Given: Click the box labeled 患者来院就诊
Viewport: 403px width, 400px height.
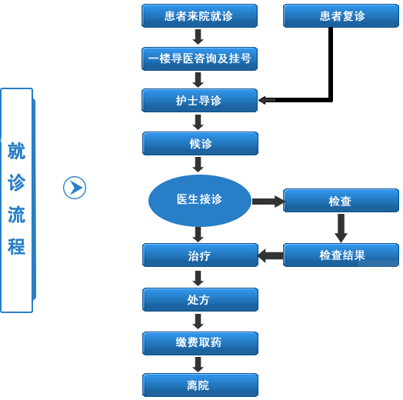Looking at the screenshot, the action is (x=199, y=15).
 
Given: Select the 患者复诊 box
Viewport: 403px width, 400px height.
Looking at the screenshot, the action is (x=341, y=15).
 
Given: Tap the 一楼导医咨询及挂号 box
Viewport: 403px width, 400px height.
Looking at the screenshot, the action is (x=199, y=58).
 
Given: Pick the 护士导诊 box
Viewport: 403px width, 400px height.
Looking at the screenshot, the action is (x=199, y=101).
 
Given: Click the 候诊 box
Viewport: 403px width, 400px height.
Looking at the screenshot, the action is (x=200, y=143).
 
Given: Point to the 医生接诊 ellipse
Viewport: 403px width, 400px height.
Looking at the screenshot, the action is (x=200, y=201).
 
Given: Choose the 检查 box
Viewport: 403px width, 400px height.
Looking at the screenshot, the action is (x=341, y=201).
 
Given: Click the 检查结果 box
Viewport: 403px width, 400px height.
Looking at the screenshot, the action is (x=341, y=255).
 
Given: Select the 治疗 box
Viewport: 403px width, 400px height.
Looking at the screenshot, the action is (x=200, y=255).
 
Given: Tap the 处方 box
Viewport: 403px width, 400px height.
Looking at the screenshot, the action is (x=200, y=299).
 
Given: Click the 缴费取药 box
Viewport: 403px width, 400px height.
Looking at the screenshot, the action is (x=200, y=343).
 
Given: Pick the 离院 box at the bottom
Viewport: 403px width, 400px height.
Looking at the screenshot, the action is (x=200, y=385).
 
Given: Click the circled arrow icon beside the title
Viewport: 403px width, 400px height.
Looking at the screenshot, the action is (x=75, y=188).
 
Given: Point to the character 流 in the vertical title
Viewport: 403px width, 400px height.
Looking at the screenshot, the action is (x=16, y=215).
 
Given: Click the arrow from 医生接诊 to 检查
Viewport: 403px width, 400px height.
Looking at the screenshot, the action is (x=268, y=202).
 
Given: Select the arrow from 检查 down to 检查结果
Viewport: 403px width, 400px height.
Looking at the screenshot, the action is (x=341, y=228).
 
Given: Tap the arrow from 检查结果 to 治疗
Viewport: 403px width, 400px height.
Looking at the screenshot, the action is (x=271, y=256).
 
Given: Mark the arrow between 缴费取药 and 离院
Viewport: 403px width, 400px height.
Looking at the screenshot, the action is (x=198, y=365).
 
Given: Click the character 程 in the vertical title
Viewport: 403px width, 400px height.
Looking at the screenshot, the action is (x=16, y=246).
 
